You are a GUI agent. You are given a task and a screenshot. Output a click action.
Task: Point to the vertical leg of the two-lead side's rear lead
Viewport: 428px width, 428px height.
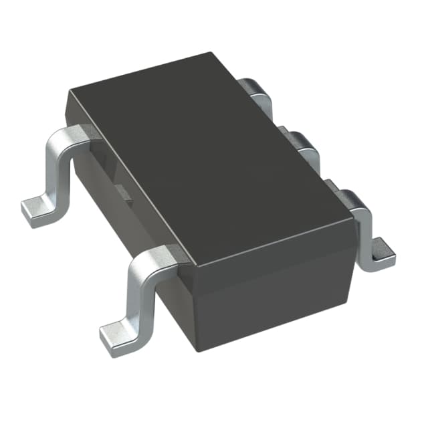point(59,167)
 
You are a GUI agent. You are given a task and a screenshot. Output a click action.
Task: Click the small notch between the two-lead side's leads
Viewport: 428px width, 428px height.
point(124,192)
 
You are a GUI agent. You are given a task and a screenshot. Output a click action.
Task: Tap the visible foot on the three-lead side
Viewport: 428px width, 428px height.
point(380,254)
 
